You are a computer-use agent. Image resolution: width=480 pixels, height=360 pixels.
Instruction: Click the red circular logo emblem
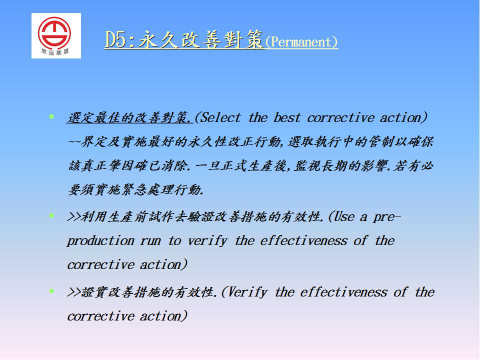coord(54,32)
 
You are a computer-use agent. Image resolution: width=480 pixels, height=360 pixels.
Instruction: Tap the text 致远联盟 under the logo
coord(55,51)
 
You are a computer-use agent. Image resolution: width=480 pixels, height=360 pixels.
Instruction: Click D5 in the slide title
coord(115,40)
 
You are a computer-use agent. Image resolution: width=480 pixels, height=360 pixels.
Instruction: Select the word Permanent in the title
coord(301,42)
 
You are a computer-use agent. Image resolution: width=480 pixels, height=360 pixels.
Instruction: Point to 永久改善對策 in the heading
coord(201,40)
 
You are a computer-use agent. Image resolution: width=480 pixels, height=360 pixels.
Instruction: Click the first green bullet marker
coord(51,116)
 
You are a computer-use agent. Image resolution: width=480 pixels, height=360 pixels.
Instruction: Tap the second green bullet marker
coord(51,215)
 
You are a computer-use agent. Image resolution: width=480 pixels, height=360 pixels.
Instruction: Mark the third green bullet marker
coord(51,291)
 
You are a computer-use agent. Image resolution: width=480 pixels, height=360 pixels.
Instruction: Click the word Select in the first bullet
coord(220,117)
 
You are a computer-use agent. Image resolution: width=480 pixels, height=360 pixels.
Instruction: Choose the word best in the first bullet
coord(287,117)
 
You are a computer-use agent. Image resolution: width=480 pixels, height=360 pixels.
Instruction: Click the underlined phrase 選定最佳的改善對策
coord(129,118)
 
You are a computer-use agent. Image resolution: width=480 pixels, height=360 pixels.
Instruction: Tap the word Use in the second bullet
coord(344,216)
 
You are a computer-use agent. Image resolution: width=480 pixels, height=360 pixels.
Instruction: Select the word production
coord(100,241)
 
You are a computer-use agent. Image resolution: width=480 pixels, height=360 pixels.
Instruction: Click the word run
coord(150,241)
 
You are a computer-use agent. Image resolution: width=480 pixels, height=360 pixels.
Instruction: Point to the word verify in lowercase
coord(207,241)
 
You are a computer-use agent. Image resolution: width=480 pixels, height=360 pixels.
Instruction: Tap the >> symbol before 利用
coord(74,216)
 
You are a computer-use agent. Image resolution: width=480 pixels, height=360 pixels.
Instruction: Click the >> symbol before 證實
coord(74,292)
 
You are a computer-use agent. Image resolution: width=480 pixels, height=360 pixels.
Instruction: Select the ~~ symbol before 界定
coord(74,142)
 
